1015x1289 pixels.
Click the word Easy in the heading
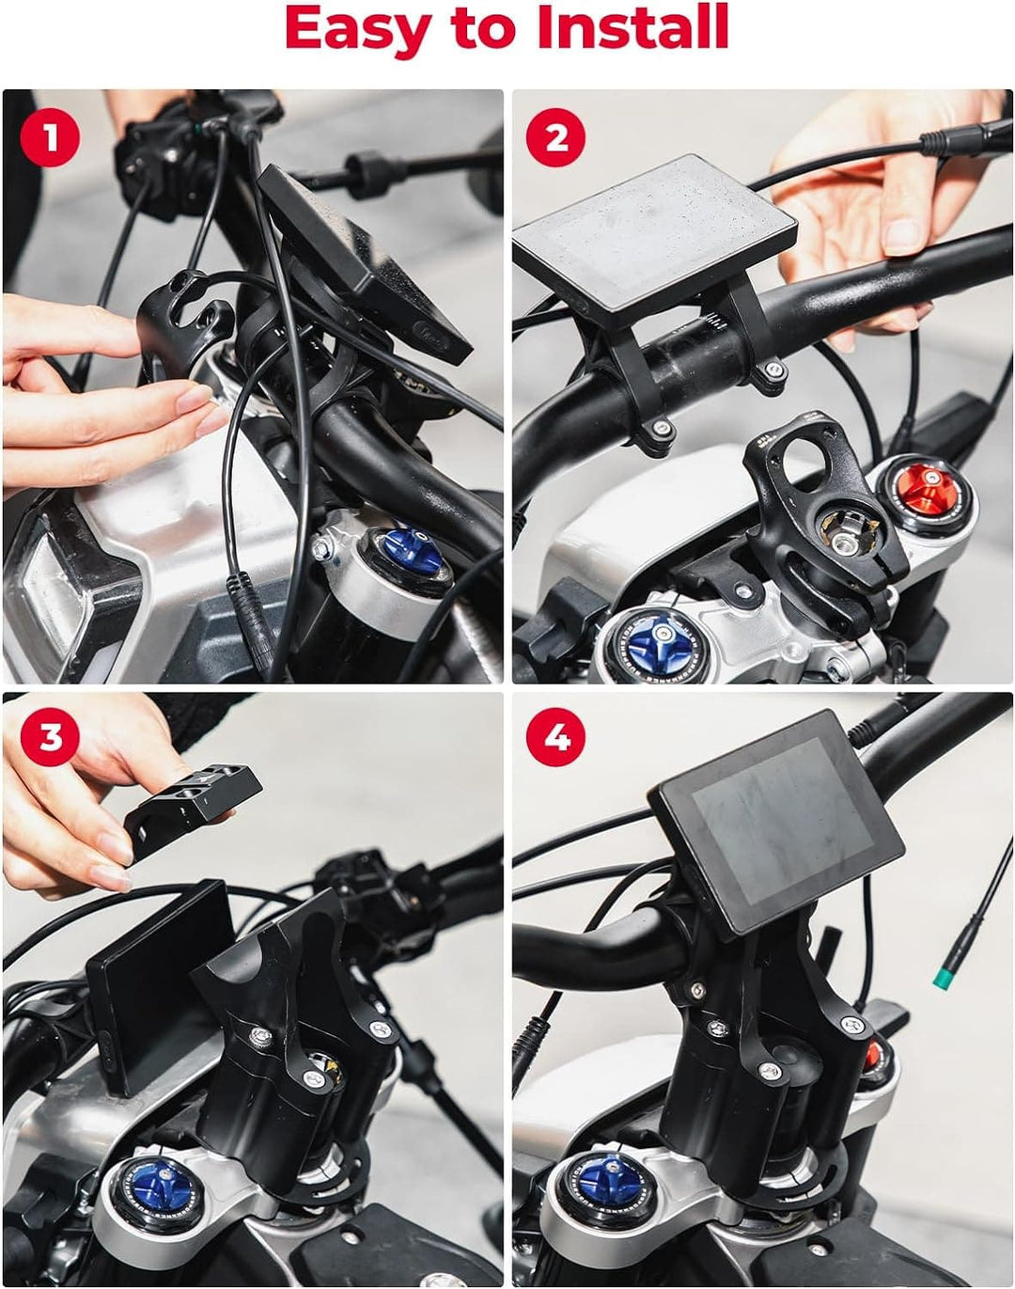[x=358, y=30]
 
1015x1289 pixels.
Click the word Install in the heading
[x=632, y=26]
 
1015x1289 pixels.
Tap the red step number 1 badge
[x=51, y=137]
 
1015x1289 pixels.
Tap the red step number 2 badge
[x=555, y=137]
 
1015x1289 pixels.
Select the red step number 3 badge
[x=51, y=736]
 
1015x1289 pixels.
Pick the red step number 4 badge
[x=555, y=736]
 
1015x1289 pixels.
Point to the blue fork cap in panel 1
[x=413, y=552]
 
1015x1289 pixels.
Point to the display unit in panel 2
[x=656, y=240]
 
